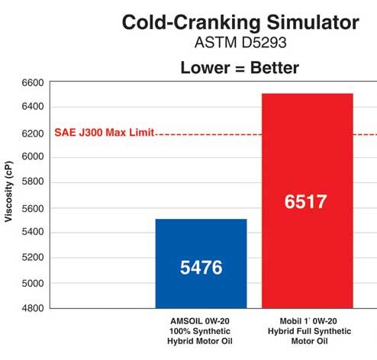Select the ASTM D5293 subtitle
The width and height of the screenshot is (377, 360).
(239, 45)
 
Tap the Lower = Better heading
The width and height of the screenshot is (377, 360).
(240, 69)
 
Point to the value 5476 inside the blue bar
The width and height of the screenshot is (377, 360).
(201, 269)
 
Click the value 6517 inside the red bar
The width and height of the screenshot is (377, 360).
(307, 202)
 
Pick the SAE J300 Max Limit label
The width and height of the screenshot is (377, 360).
(104, 132)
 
